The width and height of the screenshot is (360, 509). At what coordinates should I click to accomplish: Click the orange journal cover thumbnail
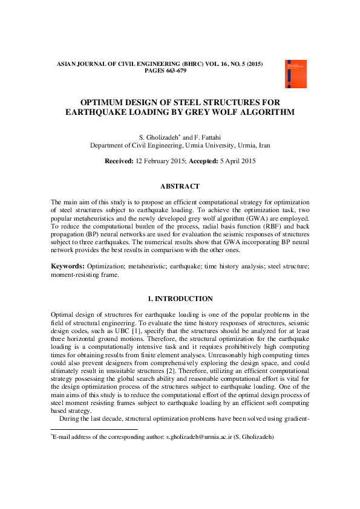[x=295, y=74]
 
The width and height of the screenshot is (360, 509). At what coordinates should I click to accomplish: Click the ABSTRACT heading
[x=180, y=187]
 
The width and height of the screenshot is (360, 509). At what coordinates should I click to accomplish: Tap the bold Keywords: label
[x=67, y=266]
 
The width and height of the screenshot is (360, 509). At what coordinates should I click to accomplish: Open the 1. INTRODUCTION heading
[x=180, y=299]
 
